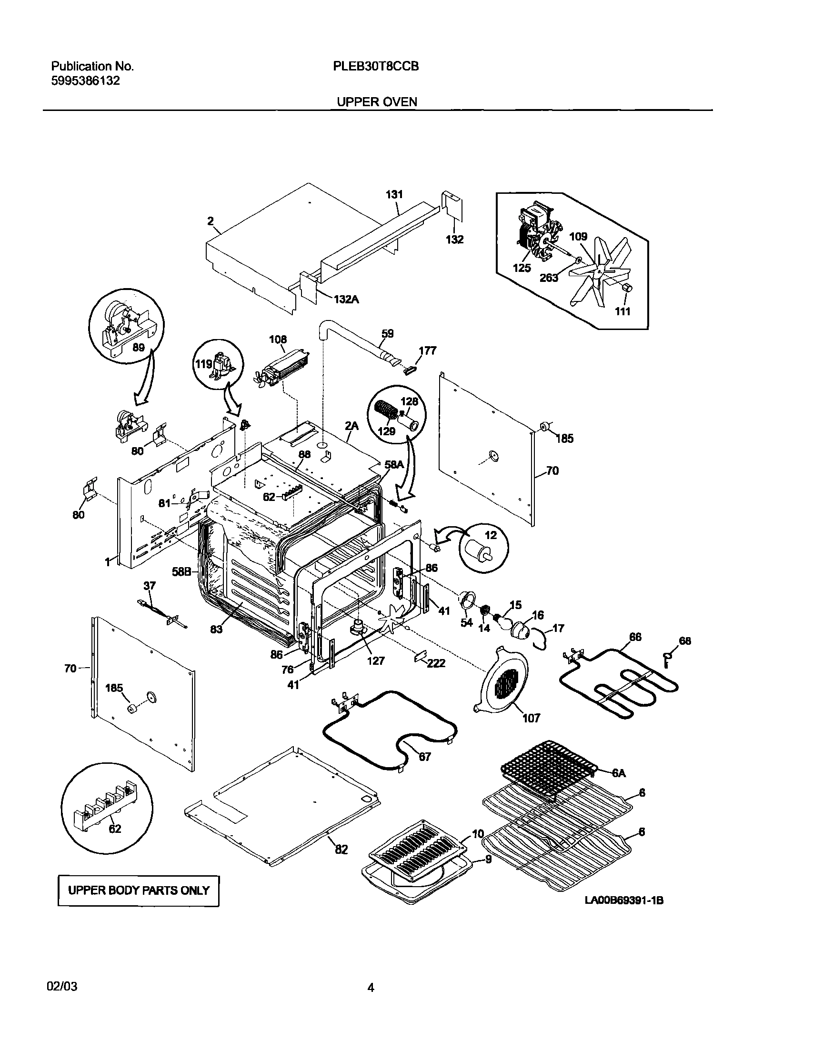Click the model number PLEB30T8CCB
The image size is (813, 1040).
tap(376, 67)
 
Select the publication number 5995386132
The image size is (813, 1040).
tap(85, 81)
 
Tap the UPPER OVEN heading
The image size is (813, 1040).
tap(377, 102)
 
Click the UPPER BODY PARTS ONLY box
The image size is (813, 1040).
tap(139, 890)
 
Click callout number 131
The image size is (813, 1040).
tap(394, 194)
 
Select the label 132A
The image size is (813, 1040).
tap(346, 300)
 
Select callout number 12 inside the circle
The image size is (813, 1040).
tap(491, 535)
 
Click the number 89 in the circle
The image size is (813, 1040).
tap(138, 348)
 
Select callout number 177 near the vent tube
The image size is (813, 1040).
tap(427, 351)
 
